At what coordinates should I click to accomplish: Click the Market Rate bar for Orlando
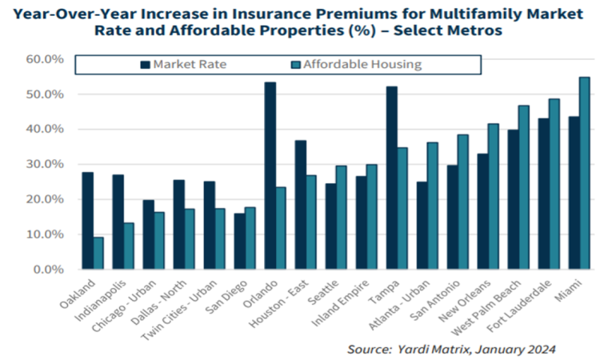270,176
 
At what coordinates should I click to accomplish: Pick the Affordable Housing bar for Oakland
98,254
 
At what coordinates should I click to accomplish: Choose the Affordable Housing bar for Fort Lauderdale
554,184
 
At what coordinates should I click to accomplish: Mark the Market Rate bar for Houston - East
301,205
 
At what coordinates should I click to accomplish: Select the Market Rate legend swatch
145,65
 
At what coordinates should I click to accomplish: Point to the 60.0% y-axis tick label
45,59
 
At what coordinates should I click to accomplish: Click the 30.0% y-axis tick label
45,164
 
